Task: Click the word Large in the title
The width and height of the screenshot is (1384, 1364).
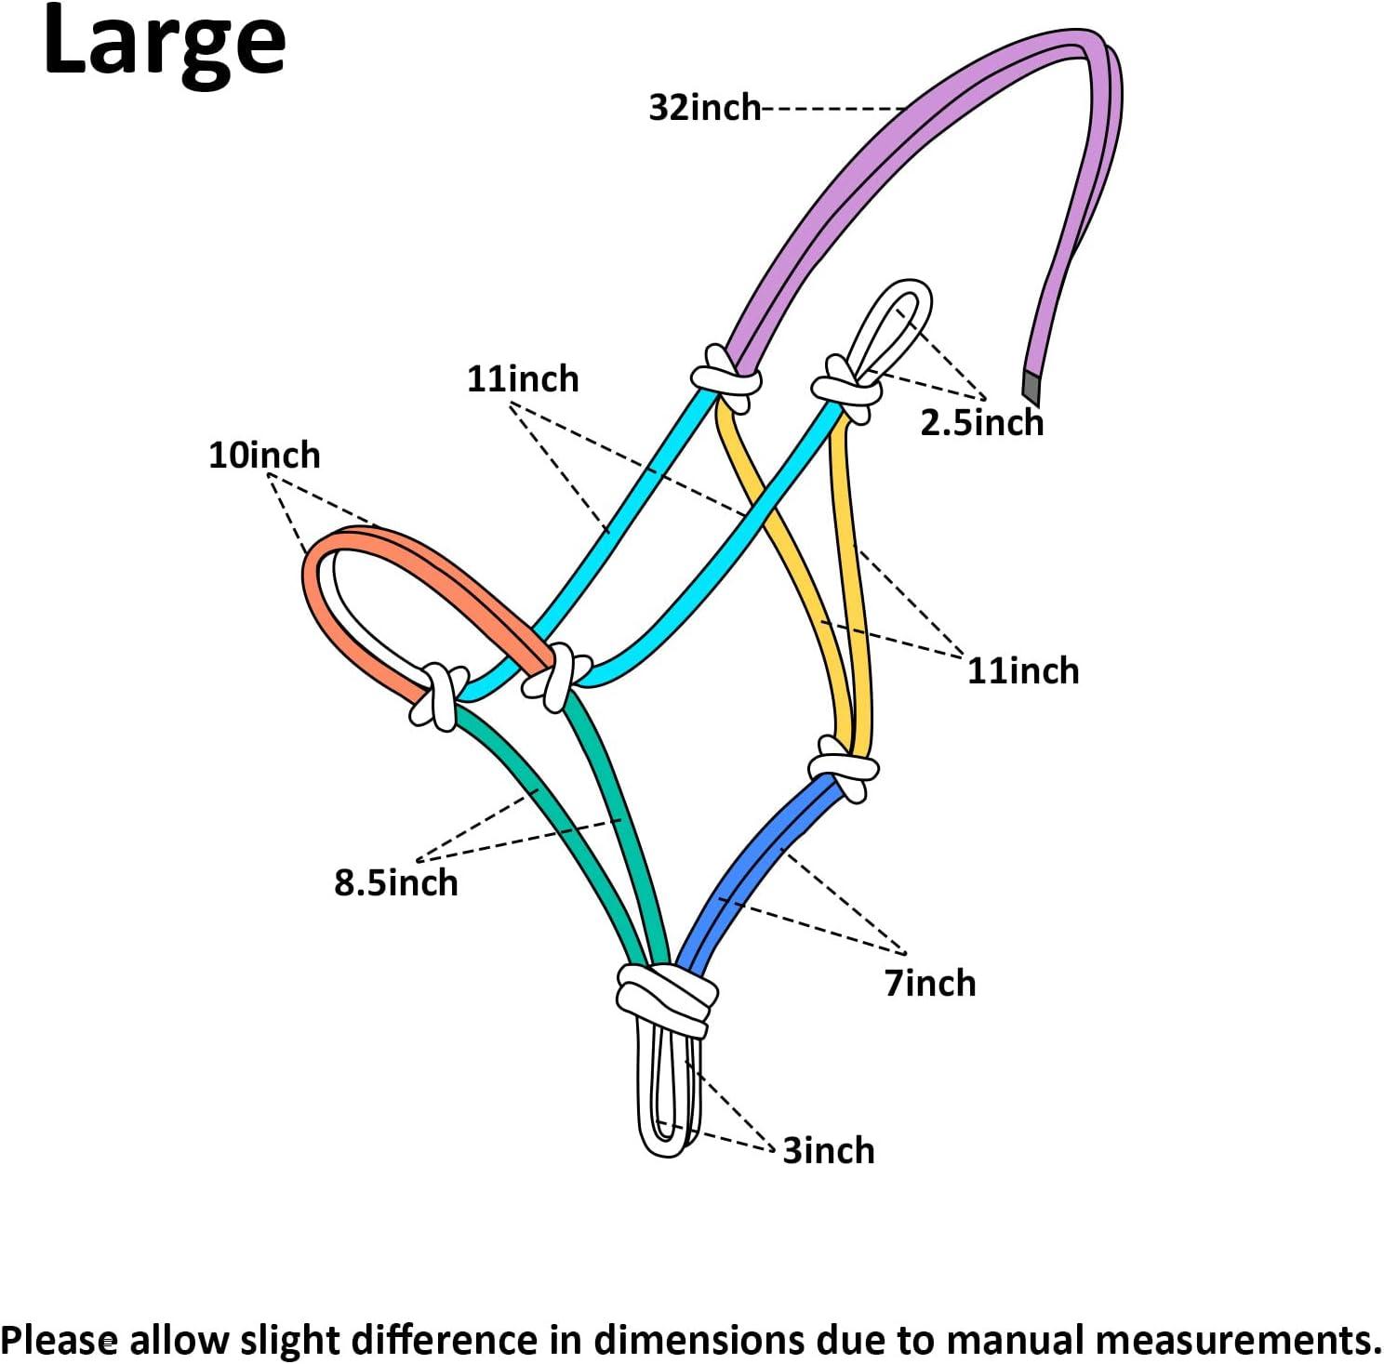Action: point(164,42)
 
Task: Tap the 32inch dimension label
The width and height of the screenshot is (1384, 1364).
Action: point(704,108)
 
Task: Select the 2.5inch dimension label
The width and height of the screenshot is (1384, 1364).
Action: point(981,422)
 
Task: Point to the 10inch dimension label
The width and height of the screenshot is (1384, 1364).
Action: point(263,456)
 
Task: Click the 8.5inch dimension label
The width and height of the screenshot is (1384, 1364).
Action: point(396,882)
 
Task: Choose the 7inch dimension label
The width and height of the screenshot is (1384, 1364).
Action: point(929,983)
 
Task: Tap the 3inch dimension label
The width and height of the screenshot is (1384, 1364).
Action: point(828,1150)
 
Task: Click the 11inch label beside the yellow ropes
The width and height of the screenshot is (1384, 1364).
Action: point(1022,670)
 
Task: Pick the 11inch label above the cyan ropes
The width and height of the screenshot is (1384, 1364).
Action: point(522,379)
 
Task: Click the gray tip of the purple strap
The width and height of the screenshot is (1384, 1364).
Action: point(1031,385)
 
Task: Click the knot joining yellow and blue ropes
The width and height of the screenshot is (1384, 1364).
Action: point(843,768)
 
